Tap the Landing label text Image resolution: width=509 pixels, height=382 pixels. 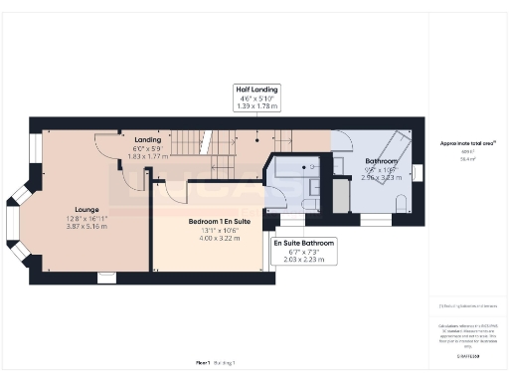pos(148,139)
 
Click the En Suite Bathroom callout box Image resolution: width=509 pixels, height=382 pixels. pos(304,251)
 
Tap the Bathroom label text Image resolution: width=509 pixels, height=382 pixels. pos(381,160)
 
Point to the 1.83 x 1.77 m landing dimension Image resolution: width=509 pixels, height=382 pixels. pos(148,156)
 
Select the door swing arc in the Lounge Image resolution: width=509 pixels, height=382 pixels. pos(103,147)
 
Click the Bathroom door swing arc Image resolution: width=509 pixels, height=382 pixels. pos(341,141)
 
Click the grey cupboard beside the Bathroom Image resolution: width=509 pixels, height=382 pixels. pos(341,194)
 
